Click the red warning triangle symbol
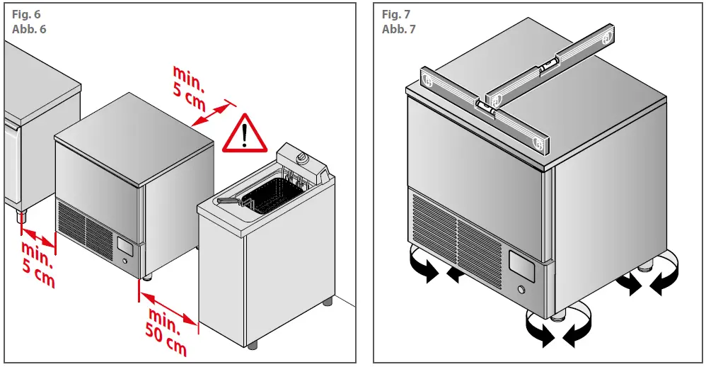(x=245, y=134)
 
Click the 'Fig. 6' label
(x=24, y=15)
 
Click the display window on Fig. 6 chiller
(x=125, y=247)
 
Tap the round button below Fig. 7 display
(x=522, y=290)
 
